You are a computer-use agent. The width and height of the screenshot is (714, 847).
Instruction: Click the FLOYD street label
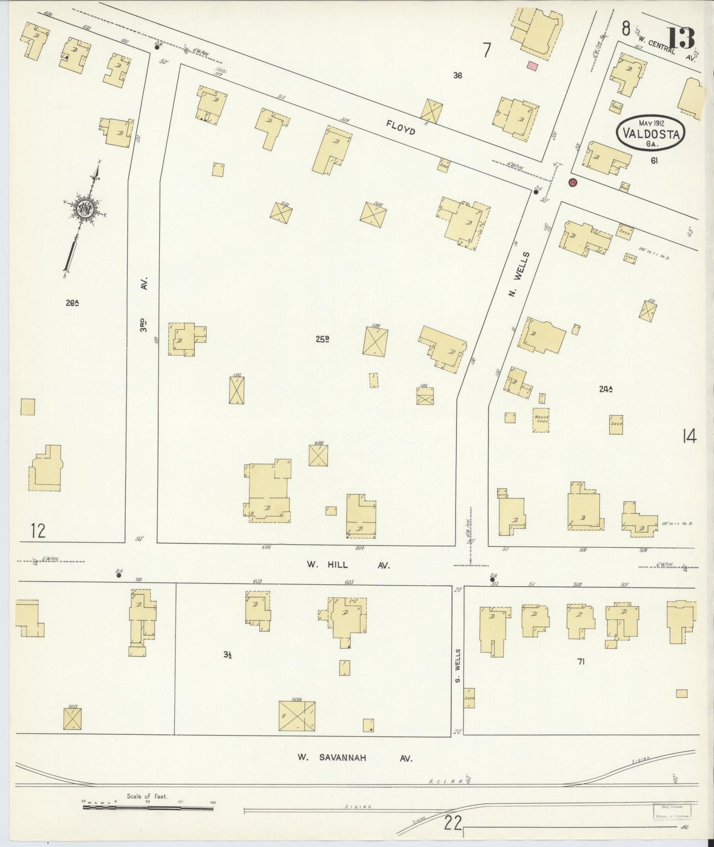(x=401, y=129)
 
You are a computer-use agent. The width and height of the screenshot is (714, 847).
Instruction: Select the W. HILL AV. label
(x=348, y=565)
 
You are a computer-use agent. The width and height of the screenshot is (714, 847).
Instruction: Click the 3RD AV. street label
(x=144, y=303)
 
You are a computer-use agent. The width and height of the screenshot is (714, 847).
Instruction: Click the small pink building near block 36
(x=532, y=66)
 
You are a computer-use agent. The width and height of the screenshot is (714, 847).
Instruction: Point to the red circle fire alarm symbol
(x=573, y=182)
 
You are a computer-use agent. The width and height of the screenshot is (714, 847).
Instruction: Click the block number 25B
(x=323, y=339)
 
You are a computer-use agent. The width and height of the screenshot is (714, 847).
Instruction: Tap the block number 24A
(x=606, y=389)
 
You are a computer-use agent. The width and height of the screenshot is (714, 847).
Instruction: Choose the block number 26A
(x=73, y=303)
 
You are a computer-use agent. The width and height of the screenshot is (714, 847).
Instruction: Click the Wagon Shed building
(x=541, y=420)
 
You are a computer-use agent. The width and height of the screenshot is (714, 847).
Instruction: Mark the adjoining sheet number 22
(x=453, y=823)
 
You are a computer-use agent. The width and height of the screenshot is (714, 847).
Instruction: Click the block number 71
(x=581, y=661)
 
